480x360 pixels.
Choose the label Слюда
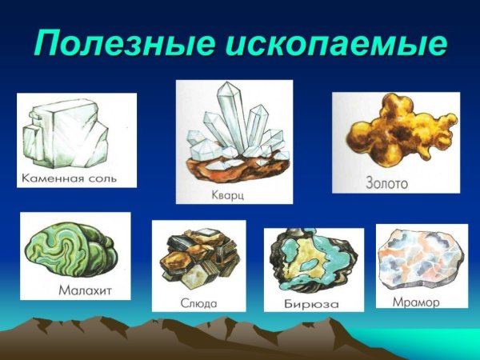[x=198, y=303]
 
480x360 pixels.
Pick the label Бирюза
[x=311, y=304]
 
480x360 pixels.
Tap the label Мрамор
[x=416, y=302]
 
